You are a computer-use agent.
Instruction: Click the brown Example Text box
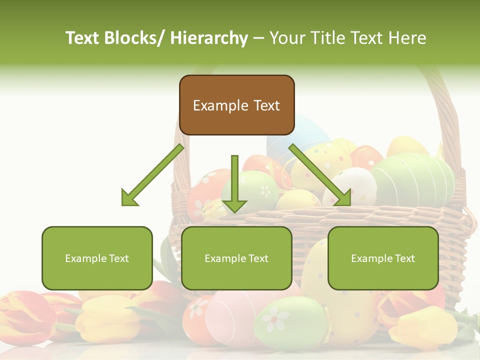click(236, 105)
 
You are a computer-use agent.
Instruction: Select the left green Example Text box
click(97, 258)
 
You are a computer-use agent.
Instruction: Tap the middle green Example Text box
click(236, 258)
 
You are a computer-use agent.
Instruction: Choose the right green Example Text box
click(383, 258)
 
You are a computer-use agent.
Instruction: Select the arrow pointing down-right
click(320, 175)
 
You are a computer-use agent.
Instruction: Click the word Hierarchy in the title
click(209, 38)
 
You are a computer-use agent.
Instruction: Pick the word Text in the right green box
click(404, 258)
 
